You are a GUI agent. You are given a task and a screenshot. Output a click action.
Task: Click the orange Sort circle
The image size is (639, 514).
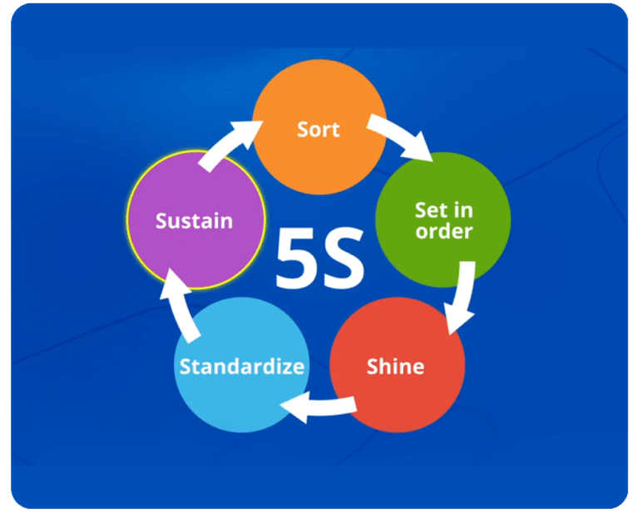pyautogui.click(x=319, y=126)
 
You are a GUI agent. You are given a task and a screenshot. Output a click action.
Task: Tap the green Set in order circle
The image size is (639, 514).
pyautogui.click(x=443, y=220)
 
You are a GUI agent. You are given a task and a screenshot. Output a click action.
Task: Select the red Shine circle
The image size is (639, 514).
pyautogui.click(x=398, y=365)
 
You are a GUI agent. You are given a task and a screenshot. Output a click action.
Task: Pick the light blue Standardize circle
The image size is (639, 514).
pyautogui.click(x=241, y=365)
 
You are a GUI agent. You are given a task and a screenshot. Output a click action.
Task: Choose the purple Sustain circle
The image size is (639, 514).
pyautogui.click(x=196, y=220)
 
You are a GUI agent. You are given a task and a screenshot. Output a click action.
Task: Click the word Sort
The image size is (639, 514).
pyautogui.click(x=319, y=130)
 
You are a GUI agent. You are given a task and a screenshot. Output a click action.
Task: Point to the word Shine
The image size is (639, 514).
pyautogui.click(x=395, y=366)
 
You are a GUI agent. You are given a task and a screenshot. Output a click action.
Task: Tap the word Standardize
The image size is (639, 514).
pyautogui.click(x=241, y=366)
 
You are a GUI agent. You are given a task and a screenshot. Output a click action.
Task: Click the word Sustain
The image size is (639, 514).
pyautogui.click(x=194, y=220)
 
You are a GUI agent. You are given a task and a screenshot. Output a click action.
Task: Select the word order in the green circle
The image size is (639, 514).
pyautogui.click(x=443, y=231)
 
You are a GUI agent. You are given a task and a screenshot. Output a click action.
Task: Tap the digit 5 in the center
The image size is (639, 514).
pyautogui.click(x=296, y=257)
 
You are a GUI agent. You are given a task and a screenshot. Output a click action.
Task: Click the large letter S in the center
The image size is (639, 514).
pyautogui.click(x=342, y=257)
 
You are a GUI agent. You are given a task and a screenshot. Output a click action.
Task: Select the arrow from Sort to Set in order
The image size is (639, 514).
pyautogui.click(x=401, y=135)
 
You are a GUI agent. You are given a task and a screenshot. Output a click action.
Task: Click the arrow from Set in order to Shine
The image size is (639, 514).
pyautogui.click(x=464, y=297)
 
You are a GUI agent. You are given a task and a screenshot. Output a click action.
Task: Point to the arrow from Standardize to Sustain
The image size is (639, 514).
pyautogui.click(x=179, y=305)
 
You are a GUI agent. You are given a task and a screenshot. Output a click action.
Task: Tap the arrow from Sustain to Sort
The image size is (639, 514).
pyautogui.click(x=228, y=142)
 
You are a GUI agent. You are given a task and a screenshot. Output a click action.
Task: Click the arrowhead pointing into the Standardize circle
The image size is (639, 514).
pyautogui.click(x=295, y=408)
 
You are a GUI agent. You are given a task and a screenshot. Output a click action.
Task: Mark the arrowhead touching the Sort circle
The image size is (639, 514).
pyautogui.click(x=249, y=132)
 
